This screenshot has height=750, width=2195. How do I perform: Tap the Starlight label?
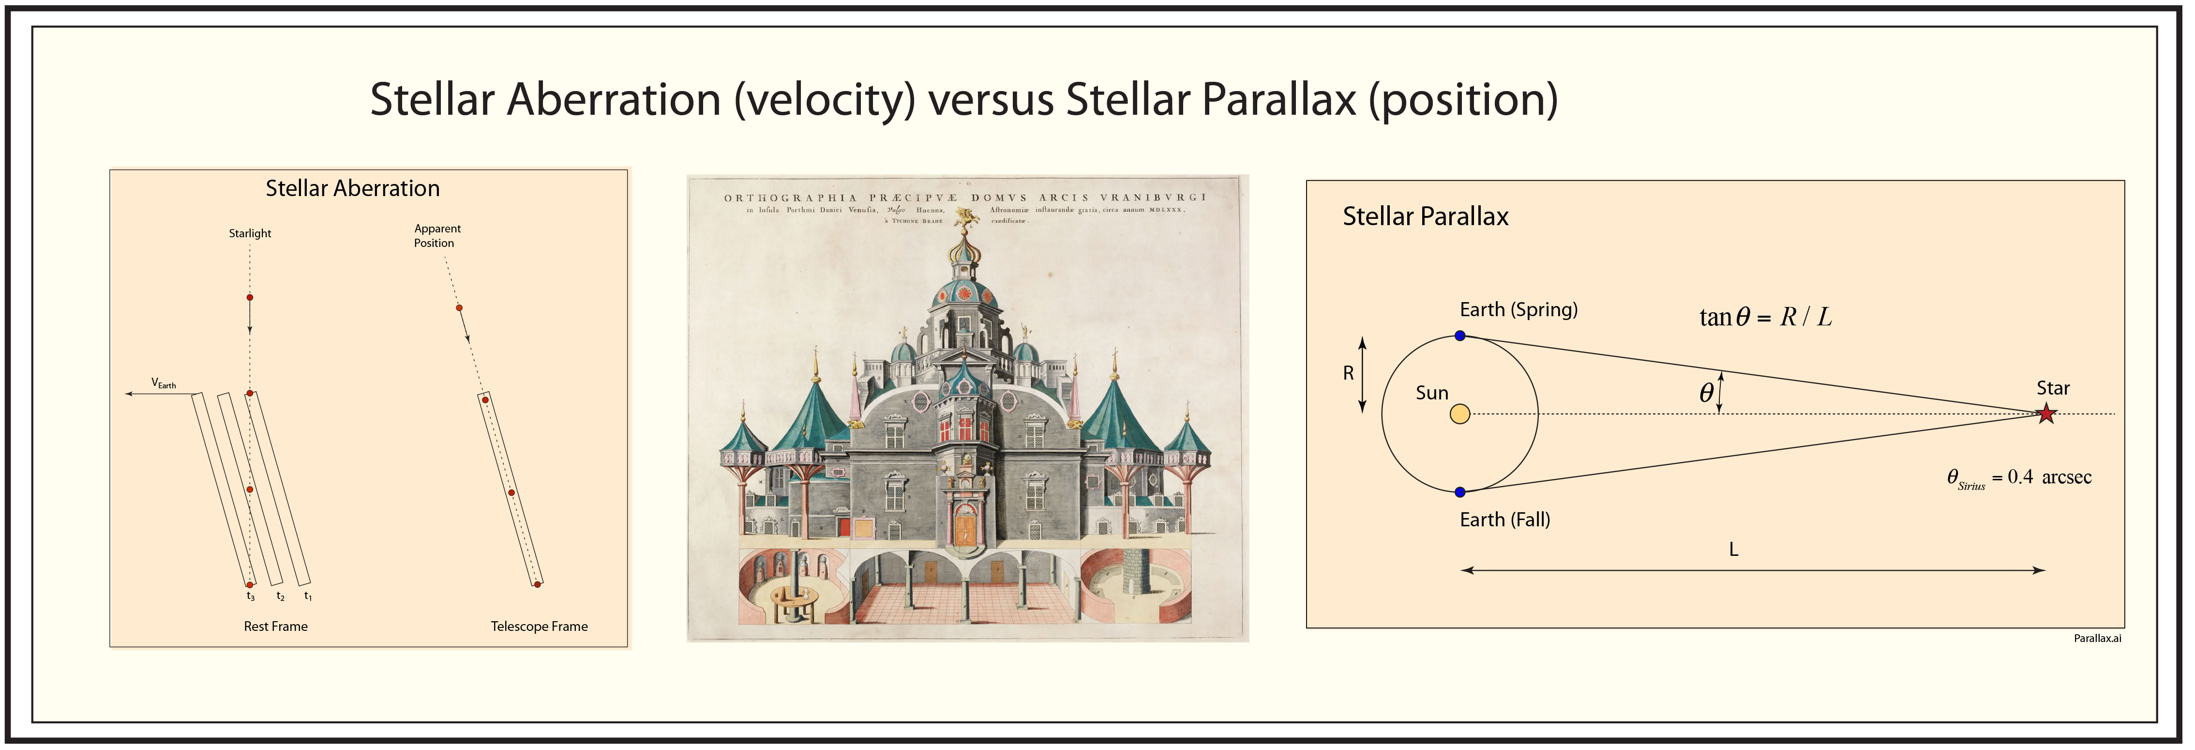[250, 233]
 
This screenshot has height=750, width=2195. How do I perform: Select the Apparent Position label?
[437, 236]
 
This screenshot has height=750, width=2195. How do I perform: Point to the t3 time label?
[251, 597]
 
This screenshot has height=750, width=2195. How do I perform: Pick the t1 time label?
[308, 597]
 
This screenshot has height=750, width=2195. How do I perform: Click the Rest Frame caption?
[275, 627]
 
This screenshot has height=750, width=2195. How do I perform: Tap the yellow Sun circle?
[1459, 414]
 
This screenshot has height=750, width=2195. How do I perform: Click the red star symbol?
[2046, 414]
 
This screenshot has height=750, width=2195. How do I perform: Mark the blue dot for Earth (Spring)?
[1459, 336]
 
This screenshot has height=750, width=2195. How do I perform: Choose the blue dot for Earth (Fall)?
[1459, 492]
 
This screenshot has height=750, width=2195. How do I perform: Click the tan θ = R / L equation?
[1765, 317]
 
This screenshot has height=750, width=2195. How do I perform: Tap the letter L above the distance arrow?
[1733, 550]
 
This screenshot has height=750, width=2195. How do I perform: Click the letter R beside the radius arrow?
[1348, 373]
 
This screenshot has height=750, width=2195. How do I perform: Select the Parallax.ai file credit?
[2097, 638]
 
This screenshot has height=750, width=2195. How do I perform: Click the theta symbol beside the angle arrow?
[1706, 393]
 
